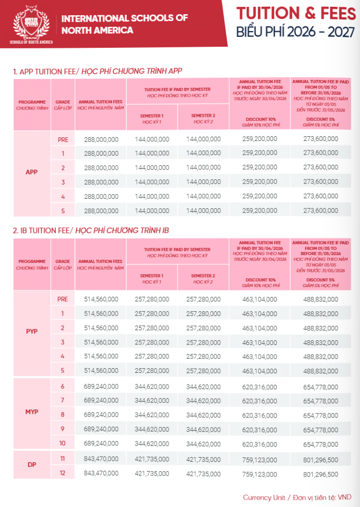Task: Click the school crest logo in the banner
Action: (31, 24)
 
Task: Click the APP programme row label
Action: (32, 172)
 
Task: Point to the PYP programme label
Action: (32, 331)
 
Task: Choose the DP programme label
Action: (32, 465)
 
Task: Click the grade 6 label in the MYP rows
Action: (63, 387)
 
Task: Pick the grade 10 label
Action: (63, 443)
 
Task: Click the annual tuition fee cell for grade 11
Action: (101, 459)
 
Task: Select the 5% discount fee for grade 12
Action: (321, 473)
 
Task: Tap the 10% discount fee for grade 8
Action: (259, 415)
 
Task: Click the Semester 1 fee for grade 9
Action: (152, 429)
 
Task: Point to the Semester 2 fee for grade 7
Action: (203, 401)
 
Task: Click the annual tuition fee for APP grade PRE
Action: (101, 139)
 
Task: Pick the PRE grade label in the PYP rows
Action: (63, 299)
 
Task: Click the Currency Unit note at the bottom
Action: (297, 497)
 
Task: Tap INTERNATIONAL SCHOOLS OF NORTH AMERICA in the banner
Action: (124, 24)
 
